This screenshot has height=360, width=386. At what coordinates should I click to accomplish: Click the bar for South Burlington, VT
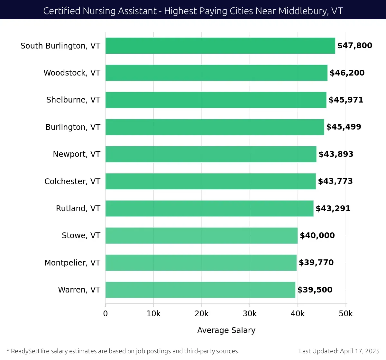pyautogui.click(x=220, y=46)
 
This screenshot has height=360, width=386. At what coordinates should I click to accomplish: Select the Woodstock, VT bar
pyautogui.click(x=216, y=73)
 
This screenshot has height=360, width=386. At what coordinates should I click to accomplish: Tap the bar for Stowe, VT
pyautogui.click(x=201, y=236)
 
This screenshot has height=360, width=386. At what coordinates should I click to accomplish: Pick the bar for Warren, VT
pyautogui.click(x=200, y=290)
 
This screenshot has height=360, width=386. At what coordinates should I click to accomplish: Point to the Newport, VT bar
pyautogui.click(x=211, y=154)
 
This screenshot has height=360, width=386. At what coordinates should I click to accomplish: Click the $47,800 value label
pyautogui.click(x=354, y=46)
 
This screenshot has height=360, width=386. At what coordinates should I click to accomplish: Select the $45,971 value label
pyautogui.click(x=346, y=100)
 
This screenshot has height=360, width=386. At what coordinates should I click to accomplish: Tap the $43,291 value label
pyautogui.click(x=333, y=209)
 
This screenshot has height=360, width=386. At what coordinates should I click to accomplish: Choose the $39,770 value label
pyautogui.click(x=316, y=263)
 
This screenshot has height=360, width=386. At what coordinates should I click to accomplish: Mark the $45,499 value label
pyautogui.click(x=344, y=127)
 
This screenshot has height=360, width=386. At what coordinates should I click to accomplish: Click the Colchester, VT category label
pyautogui.click(x=72, y=182)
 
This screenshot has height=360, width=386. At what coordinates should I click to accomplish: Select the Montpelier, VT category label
pyautogui.click(x=72, y=263)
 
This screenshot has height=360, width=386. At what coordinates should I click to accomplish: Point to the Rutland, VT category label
pyautogui.click(x=78, y=209)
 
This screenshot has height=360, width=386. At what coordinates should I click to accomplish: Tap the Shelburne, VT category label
pyautogui.click(x=73, y=100)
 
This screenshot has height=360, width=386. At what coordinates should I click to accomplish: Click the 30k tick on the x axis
pyautogui.click(x=250, y=314)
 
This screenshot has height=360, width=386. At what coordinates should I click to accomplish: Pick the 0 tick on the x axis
pyautogui.click(x=106, y=314)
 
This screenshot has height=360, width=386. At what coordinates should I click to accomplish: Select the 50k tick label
pyautogui.click(x=346, y=314)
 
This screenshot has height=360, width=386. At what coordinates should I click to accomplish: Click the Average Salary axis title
pyautogui.click(x=226, y=330)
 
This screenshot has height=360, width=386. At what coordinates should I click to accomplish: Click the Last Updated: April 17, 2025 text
pyautogui.click(x=339, y=351)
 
